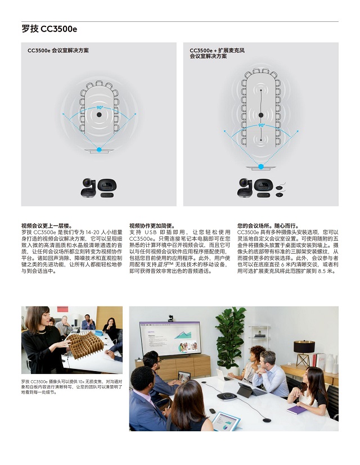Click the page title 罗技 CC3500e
(49, 29)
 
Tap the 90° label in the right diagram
(261, 125)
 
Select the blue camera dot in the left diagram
(100, 150)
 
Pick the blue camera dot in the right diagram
(261, 166)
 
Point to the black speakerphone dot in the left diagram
(100, 115)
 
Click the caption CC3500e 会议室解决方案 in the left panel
(58, 51)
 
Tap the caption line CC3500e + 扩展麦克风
(217, 51)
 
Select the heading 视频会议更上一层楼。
(43, 225)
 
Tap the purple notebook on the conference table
(296, 409)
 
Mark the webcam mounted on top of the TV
(170, 318)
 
